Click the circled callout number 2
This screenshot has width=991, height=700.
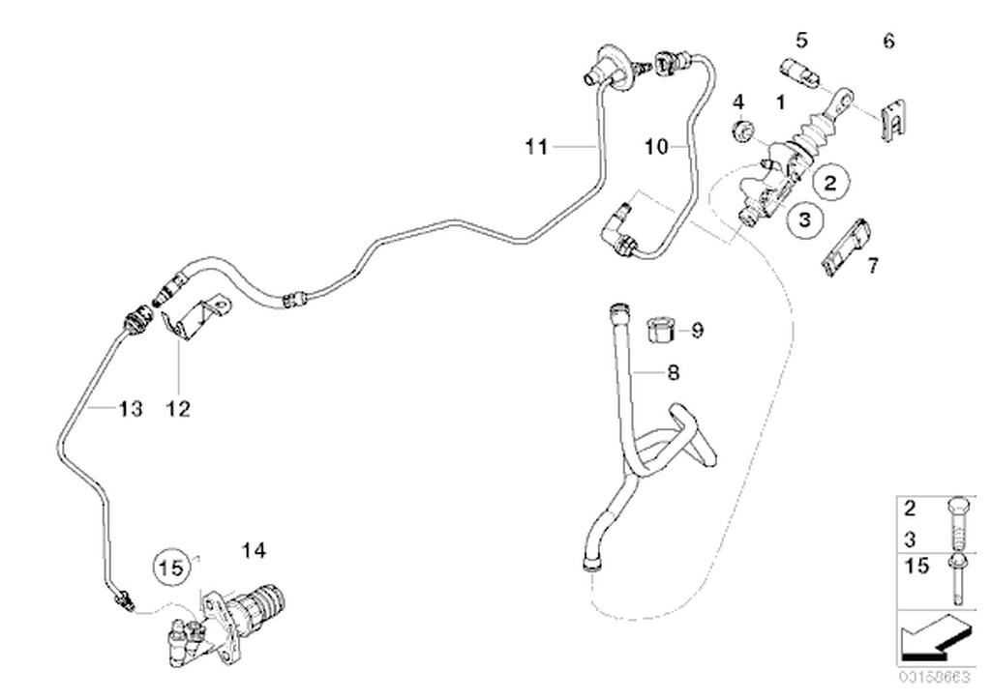[830, 180]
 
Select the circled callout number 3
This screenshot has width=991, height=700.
[803, 220]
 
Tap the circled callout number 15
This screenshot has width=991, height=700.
[171, 569]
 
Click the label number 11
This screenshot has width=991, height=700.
[536, 147]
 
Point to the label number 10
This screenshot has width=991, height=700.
[656, 147]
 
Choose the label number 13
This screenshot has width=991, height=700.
[130, 409]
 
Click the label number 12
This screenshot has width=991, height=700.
[177, 409]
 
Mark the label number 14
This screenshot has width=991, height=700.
[253, 551]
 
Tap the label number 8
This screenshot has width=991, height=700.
[673, 371]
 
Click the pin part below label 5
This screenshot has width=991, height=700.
[796, 73]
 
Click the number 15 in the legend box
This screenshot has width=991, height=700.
[916, 565]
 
